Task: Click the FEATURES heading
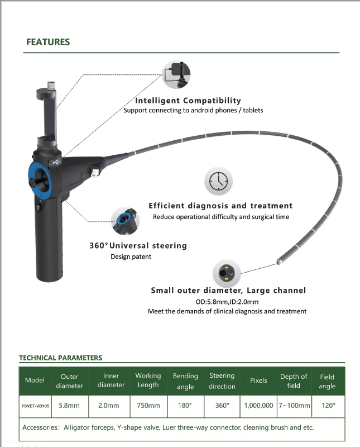(49, 42)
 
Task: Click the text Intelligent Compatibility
(188, 101)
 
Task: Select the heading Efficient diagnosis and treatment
(220, 206)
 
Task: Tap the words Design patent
(131, 256)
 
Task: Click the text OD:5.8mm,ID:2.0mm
(227, 302)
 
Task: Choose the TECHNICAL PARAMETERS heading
(61, 358)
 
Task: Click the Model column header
(35, 381)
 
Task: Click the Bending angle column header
(185, 381)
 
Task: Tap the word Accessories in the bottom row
(40, 427)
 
